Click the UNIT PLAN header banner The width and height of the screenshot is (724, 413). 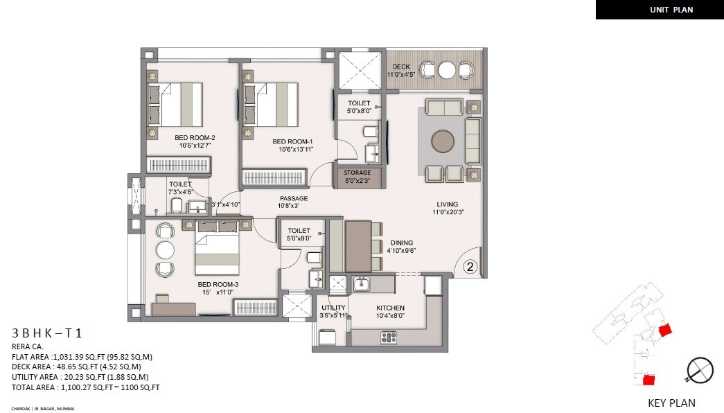tap(659, 10)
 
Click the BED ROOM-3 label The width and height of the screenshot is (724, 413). tap(218, 284)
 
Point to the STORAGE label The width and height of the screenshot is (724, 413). tap(357, 173)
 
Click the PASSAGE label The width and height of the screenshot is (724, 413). tap(292, 198)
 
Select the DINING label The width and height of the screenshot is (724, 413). tap(402, 243)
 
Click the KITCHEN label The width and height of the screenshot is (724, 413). tap(390, 308)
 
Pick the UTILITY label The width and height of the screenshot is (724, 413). tap(333, 308)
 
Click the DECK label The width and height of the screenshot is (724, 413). tap(401, 67)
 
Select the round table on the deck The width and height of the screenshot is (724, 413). tap(447, 70)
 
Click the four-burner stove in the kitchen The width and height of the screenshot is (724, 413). tap(389, 337)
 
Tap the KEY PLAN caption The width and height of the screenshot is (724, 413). tap(671, 403)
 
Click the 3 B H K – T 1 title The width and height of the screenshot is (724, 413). tap(46, 333)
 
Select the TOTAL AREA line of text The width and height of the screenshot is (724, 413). tap(85, 387)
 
